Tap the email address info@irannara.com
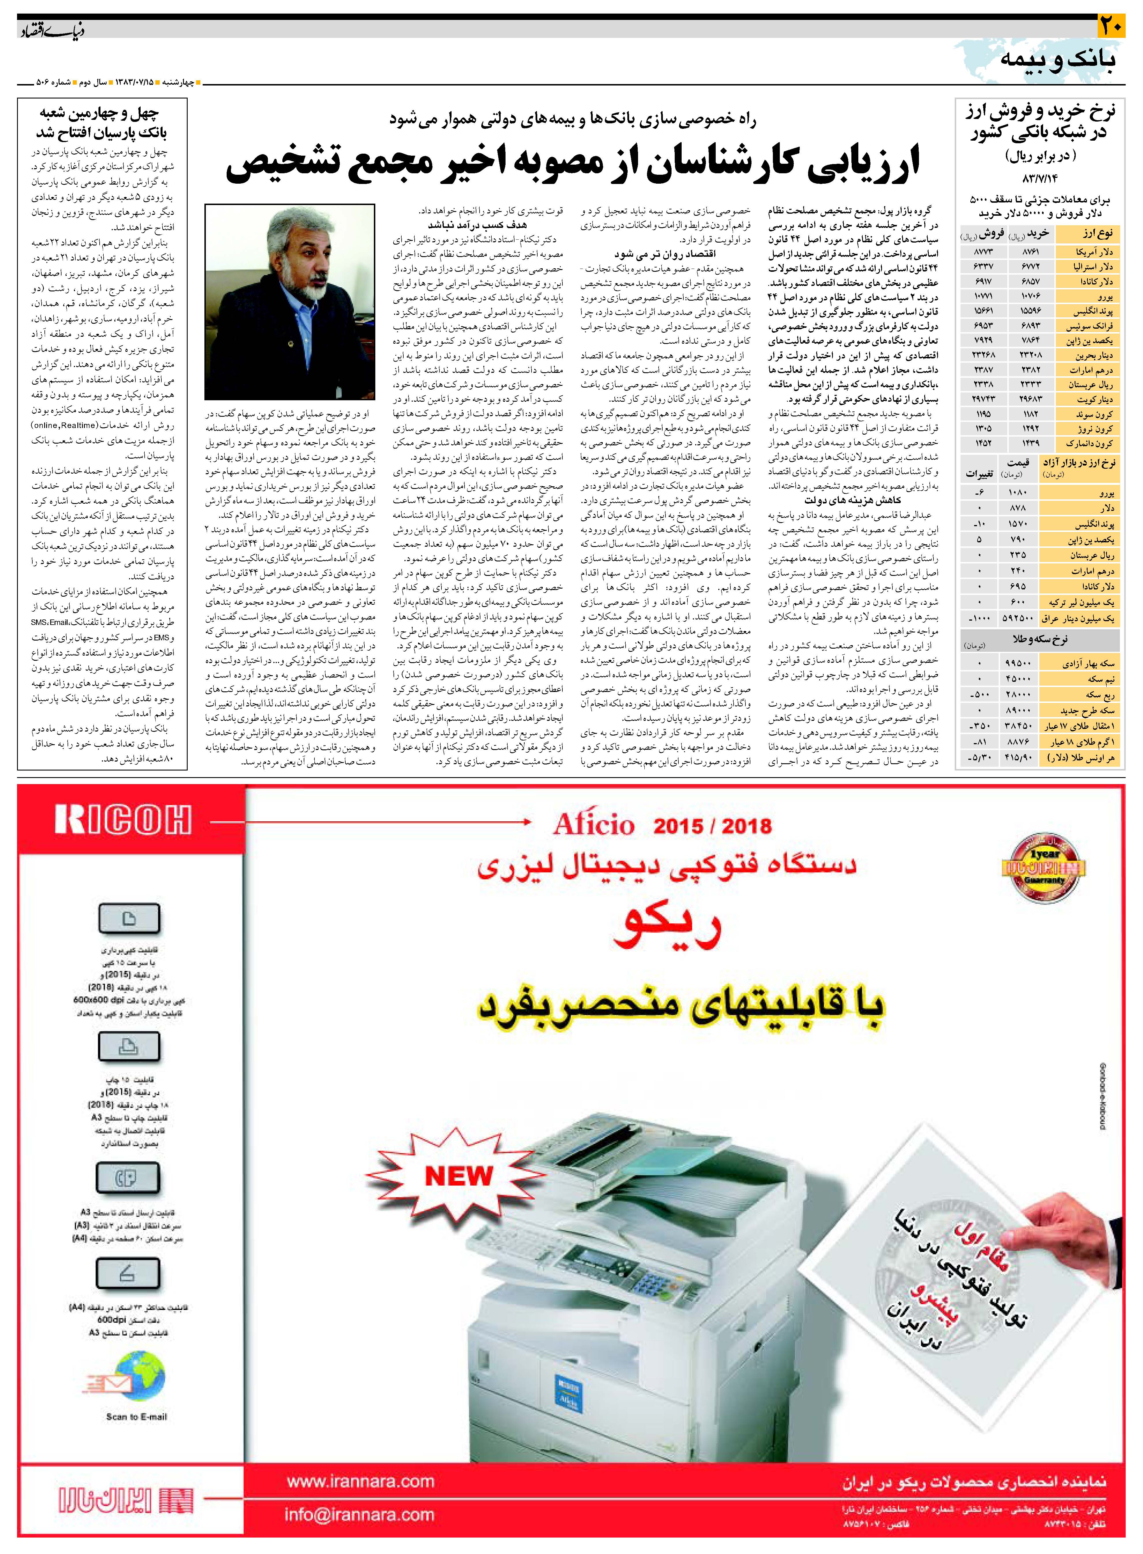360,1514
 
